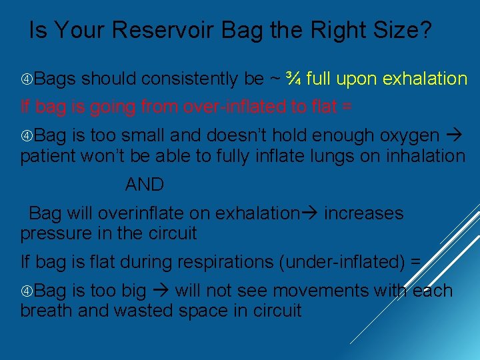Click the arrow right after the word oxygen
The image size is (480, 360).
pos(457,136)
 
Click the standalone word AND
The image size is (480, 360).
pos(145,184)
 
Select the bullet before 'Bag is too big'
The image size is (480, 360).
pos(26,291)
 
